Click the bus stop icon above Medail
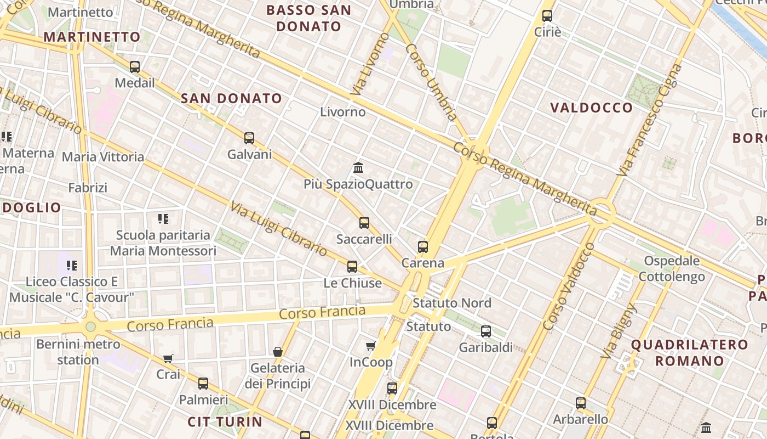click(135, 67)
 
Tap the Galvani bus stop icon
click(249, 138)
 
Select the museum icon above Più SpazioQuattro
click(358, 167)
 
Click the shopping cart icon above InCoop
click(371, 346)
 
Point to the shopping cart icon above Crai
click(168, 358)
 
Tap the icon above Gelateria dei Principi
click(278, 351)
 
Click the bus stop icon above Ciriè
click(547, 15)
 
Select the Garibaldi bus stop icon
click(486, 331)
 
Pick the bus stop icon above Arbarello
click(581, 403)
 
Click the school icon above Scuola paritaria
click(163, 219)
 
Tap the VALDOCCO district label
click(592, 108)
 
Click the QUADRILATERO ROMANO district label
click(689, 353)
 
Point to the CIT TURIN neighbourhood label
click(225, 422)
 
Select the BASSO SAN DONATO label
click(308, 18)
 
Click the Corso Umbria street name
click(431, 82)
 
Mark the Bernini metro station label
click(78, 352)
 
